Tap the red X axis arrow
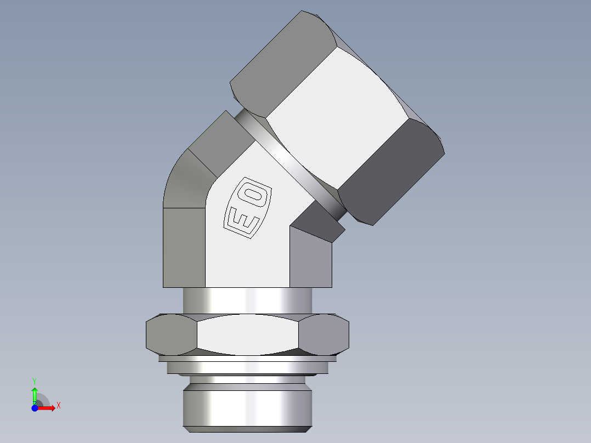(x=46, y=407)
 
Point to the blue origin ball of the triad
(x=35, y=407)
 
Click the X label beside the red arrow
(x=58, y=406)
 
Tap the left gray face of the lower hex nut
(x=171, y=334)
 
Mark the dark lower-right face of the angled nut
(x=389, y=170)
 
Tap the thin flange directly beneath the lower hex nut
(x=247, y=359)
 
